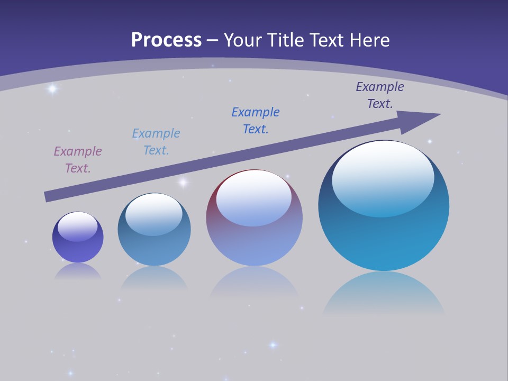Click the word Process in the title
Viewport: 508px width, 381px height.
[166, 40]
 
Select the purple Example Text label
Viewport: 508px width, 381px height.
[78, 159]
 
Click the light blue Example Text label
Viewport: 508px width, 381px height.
[156, 141]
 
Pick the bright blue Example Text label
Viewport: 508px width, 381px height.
[256, 120]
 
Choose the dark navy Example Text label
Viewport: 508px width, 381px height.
[380, 95]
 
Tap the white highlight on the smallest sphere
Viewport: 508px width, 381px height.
[78, 226]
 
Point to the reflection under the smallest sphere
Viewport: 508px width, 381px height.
[78, 271]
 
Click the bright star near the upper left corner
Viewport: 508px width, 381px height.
[52, 89]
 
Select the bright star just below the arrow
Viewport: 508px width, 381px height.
[183, 183]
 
